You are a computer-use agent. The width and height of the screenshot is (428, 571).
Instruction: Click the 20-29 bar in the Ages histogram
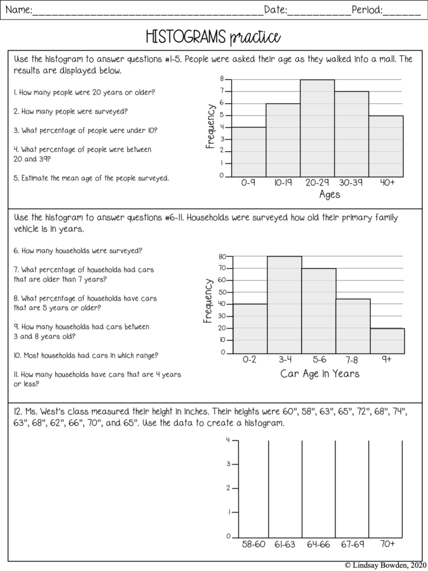tap(317, 128)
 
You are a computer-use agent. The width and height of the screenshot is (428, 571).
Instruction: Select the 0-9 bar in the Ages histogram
tap(249, 152)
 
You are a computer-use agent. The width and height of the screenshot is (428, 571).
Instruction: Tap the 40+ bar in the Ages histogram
tap(386, 146)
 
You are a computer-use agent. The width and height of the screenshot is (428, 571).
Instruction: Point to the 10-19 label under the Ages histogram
tap(283, 183)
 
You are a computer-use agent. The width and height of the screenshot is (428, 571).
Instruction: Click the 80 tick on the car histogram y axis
tap(222, 257)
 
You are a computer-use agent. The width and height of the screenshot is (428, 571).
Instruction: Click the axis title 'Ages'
tap(329, 195)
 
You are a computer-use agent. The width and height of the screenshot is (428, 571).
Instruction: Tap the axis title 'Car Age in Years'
tap(320, 374)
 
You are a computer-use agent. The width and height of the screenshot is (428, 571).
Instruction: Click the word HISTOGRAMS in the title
tap(185, 37)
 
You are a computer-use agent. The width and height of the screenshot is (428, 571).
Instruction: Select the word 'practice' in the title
tap(254, 37)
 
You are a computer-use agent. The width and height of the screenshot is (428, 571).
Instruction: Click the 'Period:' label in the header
tap(367, 9)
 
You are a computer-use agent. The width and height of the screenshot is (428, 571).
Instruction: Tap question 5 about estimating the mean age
tap(91, 178)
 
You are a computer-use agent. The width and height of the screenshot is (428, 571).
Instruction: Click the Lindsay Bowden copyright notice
tap(384, 565)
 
